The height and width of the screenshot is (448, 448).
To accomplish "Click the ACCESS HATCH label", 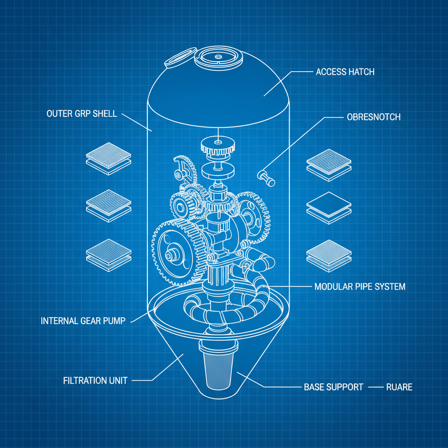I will click(x=345, y=72).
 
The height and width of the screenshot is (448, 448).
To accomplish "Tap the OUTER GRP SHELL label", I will click(x=81, y=114).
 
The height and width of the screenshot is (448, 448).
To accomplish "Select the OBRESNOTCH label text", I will click(x=373, y=117).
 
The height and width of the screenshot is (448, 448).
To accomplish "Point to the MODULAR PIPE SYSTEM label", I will click(x=360, y=287).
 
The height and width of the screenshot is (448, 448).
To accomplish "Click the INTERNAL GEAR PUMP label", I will click(x=83, y=321).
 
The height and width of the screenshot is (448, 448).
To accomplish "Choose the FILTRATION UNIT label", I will click(x=95, y=380).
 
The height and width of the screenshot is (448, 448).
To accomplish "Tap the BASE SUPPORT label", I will click(x=333, y=387).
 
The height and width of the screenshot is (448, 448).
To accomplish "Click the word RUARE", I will click(x=399, y=387).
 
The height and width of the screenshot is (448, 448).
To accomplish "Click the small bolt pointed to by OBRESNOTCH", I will click(x=265, y=176).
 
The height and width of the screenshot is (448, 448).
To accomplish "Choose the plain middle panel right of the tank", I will click(x=329, y=206).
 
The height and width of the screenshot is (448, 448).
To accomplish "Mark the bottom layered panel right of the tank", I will click(x=329, y=253).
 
